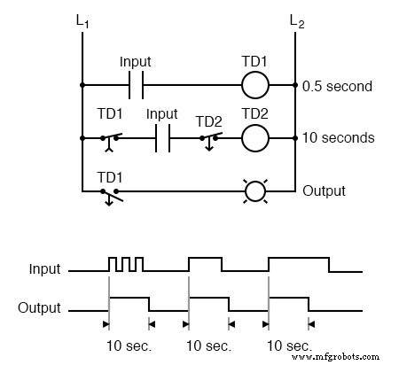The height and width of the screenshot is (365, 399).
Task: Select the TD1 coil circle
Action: pos(255,87)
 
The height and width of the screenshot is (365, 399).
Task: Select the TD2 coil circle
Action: pos(255,138)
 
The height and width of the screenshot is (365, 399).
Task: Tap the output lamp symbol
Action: pos(255,190)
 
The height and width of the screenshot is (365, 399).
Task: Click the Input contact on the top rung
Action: pos(137,87)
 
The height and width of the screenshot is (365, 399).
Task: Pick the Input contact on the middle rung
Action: pos(162,138)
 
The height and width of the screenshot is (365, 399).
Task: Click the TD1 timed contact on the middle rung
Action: pos(112,139)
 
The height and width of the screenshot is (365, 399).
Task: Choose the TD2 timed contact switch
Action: pos(209,139)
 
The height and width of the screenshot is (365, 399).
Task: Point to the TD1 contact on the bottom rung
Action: pos(112,191)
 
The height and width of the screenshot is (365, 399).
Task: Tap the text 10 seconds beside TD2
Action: pos(337,138)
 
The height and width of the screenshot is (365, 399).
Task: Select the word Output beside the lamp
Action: pos(324,190)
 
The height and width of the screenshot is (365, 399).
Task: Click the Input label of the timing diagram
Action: pos(44,268)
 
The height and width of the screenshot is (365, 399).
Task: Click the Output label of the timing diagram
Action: pos(41,308)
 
